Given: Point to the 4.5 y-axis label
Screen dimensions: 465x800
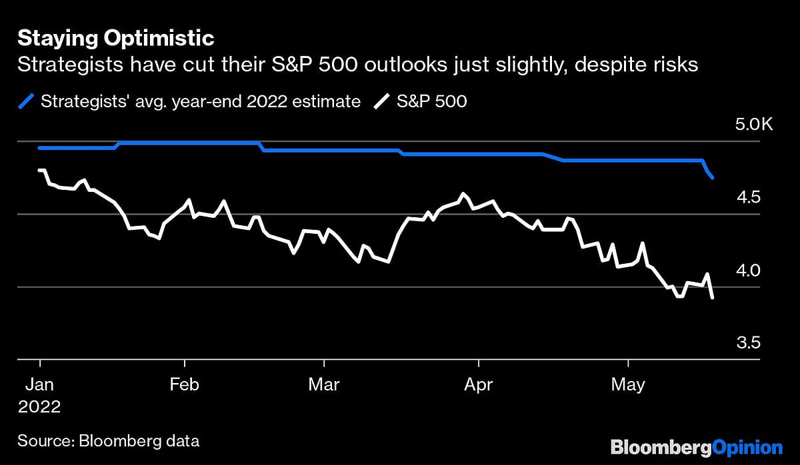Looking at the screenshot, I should (748, 197).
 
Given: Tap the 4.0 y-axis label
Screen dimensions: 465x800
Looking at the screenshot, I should (748, 270).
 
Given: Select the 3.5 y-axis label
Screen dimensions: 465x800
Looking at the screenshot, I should (748, 343).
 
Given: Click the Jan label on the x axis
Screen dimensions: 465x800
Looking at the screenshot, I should (39, 385).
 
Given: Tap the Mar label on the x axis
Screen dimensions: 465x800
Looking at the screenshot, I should (324, 385).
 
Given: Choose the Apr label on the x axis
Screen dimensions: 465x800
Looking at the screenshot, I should (478, 385).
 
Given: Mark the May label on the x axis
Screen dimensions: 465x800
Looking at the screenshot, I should (628, 385).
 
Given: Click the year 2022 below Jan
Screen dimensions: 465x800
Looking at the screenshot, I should (39, 407).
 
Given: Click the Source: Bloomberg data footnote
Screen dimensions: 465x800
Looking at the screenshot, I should (108, 440).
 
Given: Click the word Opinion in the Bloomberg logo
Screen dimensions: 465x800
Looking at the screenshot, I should (746, 446).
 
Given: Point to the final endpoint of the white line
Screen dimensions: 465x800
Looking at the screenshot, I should (713, 297).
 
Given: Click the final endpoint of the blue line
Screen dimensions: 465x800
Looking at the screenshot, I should (713, 178).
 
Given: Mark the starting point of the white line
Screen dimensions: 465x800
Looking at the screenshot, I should (39, 171).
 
